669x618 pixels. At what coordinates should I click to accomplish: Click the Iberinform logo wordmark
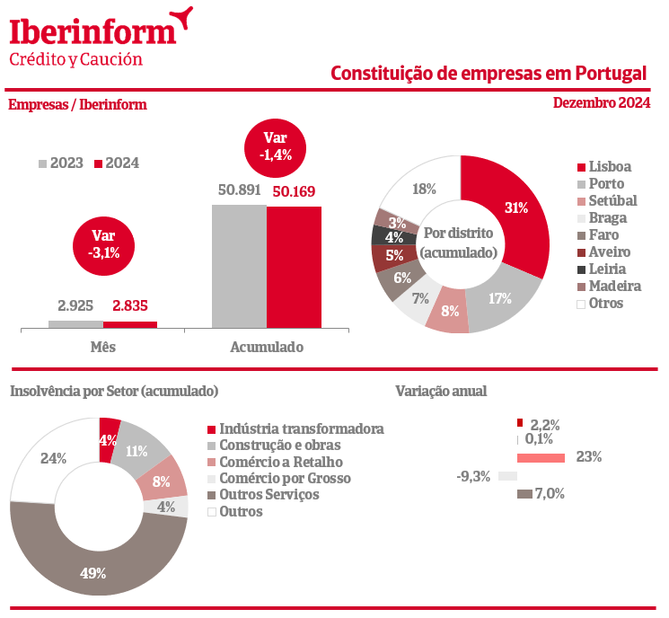(92, 31)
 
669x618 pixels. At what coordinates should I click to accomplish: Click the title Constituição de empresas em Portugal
(489, 73)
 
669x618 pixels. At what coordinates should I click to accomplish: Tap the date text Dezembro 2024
(602, 103)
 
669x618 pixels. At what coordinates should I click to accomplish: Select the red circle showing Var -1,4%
(274, 146)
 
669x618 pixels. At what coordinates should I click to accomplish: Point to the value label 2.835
(130, 306)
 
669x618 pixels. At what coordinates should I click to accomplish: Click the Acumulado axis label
(267, 347)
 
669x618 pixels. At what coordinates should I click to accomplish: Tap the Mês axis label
(103, 347)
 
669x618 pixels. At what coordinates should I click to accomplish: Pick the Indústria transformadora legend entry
(295, 429)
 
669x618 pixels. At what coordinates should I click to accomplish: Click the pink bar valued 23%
(541, 457)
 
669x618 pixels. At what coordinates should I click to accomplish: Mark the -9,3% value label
(473, 476)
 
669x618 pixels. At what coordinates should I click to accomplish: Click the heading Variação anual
(441, 391)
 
